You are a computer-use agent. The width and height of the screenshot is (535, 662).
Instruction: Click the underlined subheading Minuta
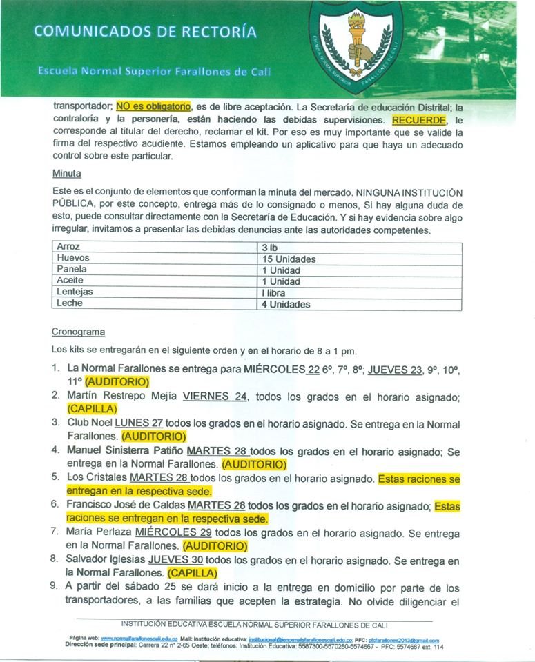[x=66, y=174]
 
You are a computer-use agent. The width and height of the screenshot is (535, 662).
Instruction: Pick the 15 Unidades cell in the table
[x=288, y=258]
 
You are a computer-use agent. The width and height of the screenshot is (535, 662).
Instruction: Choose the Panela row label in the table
[x=72, y=270]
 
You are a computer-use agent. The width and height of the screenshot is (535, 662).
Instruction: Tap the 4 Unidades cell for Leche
[x=285, y=304]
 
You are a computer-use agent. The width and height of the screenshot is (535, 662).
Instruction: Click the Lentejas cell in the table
[x=75, y=292]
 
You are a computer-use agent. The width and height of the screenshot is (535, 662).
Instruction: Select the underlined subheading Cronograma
[x=78, y=331]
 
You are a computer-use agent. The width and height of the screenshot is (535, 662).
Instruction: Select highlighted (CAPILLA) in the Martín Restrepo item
[x=94, y=409]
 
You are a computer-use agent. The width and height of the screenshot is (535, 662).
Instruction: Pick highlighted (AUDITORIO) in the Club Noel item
[x=154, y=437]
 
